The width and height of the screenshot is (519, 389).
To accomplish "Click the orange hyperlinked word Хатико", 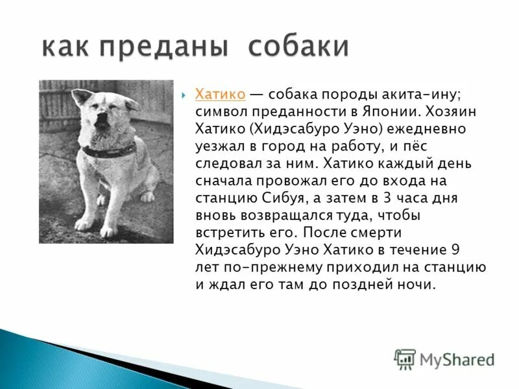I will tap(220, 95).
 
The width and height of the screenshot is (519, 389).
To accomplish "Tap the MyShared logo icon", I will tap(405, 359).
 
